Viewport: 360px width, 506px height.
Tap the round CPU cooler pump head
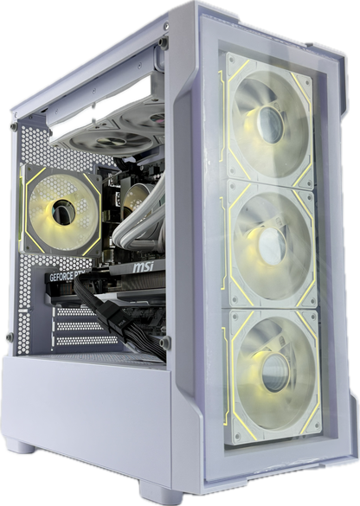(134, 202)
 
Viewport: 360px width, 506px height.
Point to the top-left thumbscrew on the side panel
(11, 126)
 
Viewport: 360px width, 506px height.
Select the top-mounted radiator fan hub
(131, 138)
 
